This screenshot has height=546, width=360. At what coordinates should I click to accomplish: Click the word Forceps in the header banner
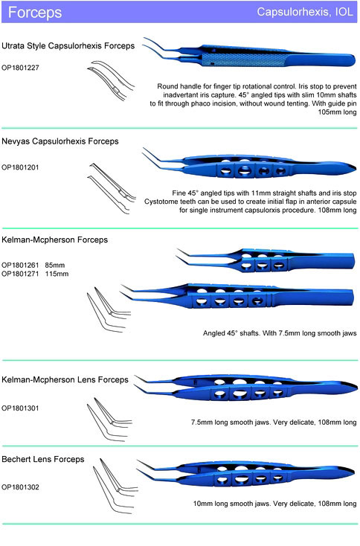point(35,13)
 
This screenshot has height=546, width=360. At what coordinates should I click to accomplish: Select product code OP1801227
point(20,68)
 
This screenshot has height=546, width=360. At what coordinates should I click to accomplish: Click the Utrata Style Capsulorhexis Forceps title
point(68,46)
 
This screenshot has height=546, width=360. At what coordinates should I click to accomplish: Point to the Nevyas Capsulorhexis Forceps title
point(60,141)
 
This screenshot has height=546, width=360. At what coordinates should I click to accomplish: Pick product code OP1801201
point(20,167)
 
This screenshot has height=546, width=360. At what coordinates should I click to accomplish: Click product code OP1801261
point(20,265)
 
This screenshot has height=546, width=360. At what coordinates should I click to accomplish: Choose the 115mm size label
point(57,274)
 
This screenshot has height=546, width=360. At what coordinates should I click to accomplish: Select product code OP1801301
point(20,408)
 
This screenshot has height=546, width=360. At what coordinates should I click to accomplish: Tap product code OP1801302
point(20,487)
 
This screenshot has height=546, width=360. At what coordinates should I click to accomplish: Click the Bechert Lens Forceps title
point(43,459)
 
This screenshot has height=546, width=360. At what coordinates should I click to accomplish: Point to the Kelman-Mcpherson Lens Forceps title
point(65,379)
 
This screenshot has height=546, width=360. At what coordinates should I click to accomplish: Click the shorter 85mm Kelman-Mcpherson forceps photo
point(266,260)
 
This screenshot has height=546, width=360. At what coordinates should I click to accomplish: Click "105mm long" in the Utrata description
point(337,112)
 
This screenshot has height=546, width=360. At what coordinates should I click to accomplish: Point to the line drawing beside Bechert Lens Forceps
point(115,486)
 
